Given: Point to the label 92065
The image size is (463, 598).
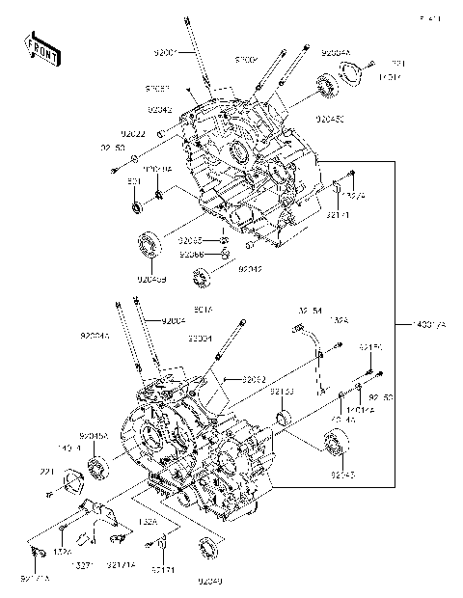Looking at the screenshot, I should [191, 240].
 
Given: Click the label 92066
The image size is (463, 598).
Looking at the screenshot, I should [191, 254].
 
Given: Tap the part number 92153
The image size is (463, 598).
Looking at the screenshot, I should [282, 392].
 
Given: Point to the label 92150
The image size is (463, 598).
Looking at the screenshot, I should [371, 346].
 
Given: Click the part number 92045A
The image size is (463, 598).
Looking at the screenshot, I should [94, 435].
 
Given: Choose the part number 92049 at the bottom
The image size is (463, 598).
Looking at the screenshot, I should [210, 581].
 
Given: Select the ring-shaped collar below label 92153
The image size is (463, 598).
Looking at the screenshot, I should [284, 418].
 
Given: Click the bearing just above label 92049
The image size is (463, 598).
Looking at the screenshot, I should [208, 550].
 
